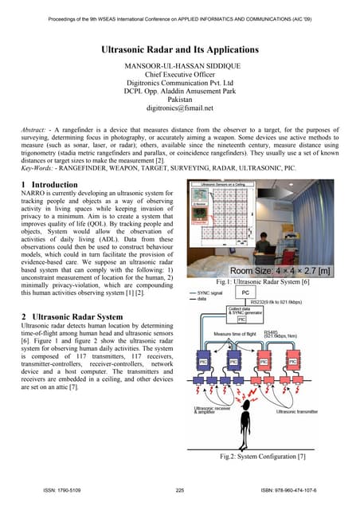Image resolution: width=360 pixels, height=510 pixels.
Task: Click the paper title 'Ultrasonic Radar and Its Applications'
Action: coord(179,49)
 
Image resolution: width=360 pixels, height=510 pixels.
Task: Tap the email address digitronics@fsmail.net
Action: coord(179,113)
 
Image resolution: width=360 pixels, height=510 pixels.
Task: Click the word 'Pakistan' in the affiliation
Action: coord(179,104)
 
